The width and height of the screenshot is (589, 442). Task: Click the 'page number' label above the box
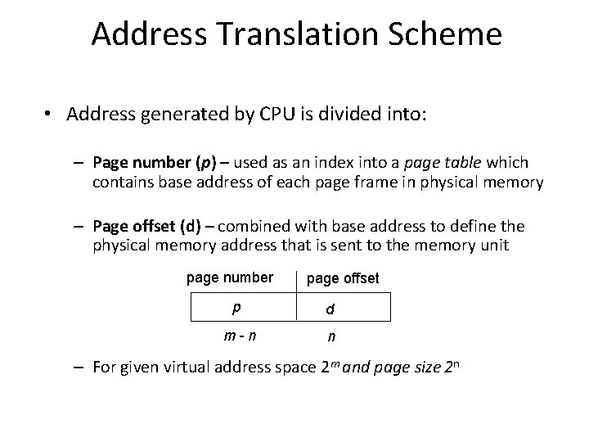230,277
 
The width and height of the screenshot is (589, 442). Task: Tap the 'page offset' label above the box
343,278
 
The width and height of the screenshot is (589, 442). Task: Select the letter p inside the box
236,307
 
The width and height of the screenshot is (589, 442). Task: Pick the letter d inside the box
329,309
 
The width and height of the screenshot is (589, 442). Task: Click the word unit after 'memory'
491,244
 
